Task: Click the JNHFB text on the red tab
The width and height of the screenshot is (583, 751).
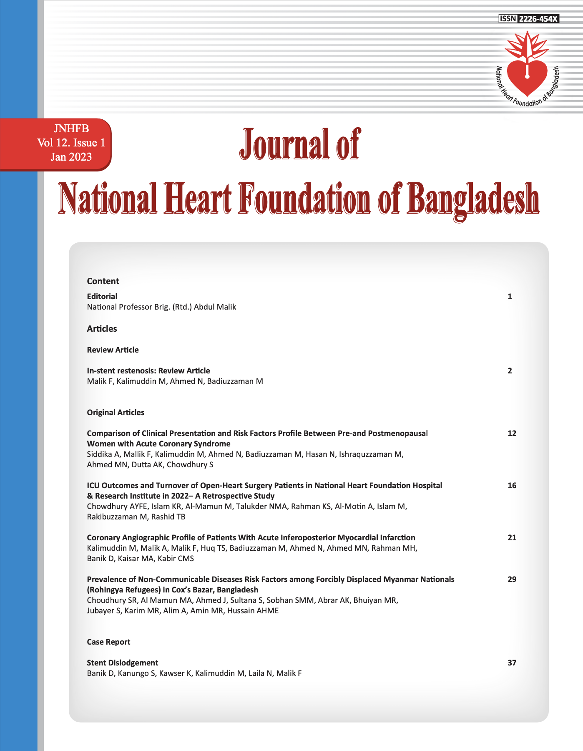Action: (x=71, y=129)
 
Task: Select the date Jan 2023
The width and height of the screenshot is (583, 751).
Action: (x=71, y=157)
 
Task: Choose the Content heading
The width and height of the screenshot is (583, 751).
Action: (x=103, y=281)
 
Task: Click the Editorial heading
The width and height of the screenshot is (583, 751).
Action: (x=102, y=296)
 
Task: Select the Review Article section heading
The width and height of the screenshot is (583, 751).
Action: (x=113, y=350)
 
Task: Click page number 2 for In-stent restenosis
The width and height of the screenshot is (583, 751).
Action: (x=510, y=370)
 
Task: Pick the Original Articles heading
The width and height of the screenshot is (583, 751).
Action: (x=116, y=413)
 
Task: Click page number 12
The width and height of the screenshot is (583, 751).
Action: (x=512, y=433)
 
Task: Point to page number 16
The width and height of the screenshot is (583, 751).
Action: (x=512, y=485)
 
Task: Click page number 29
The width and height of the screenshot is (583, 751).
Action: (x=512, y=579)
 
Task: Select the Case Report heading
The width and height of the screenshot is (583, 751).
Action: (x=108, y=642)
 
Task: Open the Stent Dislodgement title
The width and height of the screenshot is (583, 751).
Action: (x=123, y=663)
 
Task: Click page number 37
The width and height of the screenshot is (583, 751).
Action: (x=512, y=663)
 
